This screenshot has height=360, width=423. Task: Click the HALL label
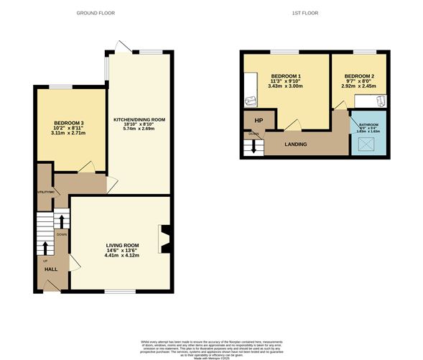coord(51,269)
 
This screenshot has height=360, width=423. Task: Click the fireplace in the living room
coord(166,240)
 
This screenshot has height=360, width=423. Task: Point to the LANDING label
coord(295,144)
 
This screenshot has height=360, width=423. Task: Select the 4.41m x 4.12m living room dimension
coord(121,256)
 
